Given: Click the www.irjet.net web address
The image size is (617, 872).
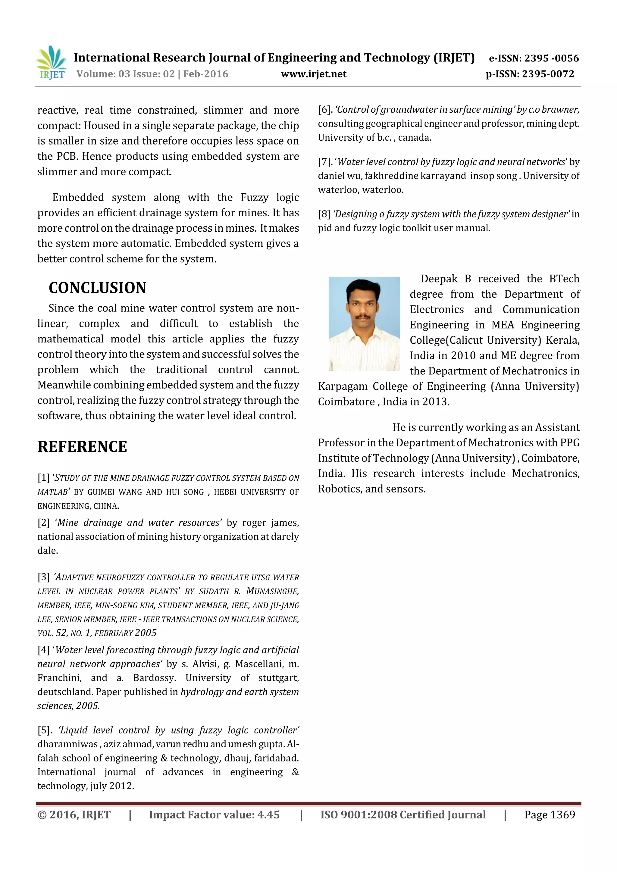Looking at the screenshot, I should click(313, 74).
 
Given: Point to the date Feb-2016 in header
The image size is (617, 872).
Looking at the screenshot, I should click(205, 74).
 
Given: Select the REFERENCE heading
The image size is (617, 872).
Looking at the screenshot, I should click(82, 446).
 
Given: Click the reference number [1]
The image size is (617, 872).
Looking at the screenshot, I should click(43, 478).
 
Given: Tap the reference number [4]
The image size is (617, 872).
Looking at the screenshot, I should click(43, 650).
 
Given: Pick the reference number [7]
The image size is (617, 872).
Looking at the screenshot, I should click(325, 162).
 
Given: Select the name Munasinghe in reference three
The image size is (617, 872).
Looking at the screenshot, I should click(272, 591).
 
